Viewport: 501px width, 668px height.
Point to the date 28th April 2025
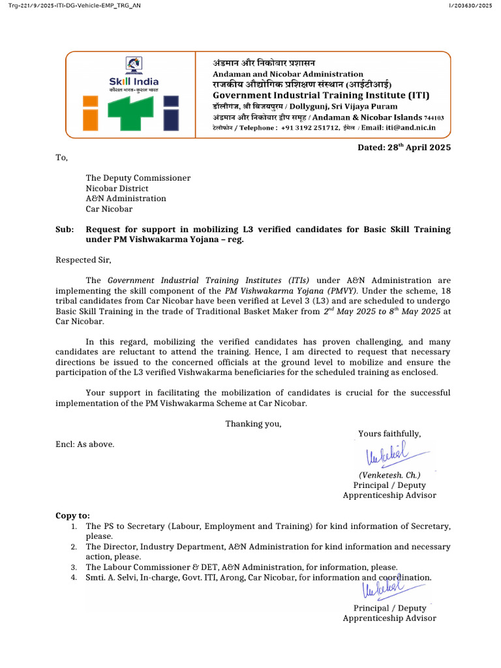404,147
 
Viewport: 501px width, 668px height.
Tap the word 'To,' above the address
61,157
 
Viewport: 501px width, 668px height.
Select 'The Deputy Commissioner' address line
138,177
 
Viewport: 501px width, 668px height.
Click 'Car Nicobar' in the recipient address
109,209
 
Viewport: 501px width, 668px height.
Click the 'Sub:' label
65,230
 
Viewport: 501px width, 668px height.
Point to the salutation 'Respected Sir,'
83,260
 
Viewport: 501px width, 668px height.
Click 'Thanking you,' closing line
254,423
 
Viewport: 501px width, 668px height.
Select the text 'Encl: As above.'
85,444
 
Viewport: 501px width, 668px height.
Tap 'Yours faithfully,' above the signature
389,434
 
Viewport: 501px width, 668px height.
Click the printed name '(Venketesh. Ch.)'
389,475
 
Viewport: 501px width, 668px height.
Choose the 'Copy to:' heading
73,515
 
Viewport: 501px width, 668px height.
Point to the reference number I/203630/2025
470,6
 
